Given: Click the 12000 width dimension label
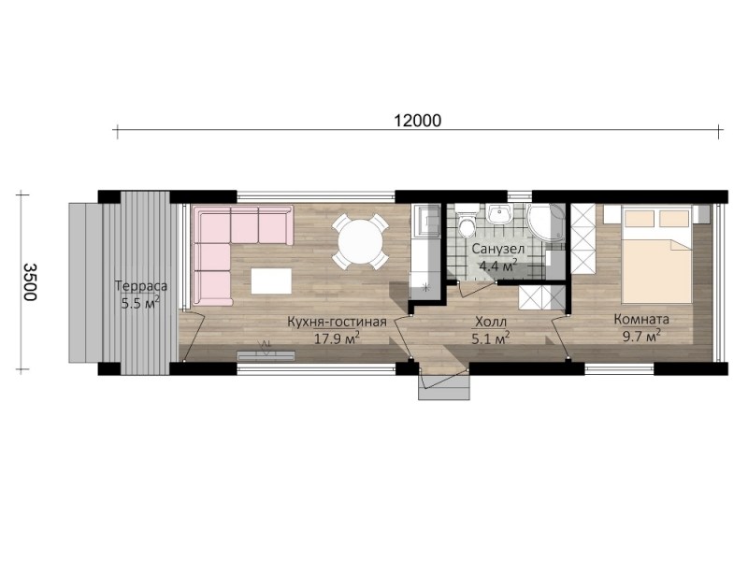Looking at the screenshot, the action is [418, 121].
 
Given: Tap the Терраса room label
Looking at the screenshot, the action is [141, 286].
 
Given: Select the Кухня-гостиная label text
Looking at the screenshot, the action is [337, 322].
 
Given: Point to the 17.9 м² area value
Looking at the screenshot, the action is [337, 338].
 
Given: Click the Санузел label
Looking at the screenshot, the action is [498, 249].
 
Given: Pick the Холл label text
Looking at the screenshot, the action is [491, 322].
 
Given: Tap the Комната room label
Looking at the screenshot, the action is [641, 319].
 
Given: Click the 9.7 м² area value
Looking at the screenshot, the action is [641, 336].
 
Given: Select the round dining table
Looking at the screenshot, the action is [360, 240].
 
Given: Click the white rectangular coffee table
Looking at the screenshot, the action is [271, 281].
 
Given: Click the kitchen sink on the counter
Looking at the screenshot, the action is [425, 221].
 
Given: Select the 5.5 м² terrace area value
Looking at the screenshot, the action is [140, 302].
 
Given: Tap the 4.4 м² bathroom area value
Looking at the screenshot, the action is [498, 266].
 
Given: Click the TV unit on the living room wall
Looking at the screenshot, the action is [266, 355].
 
